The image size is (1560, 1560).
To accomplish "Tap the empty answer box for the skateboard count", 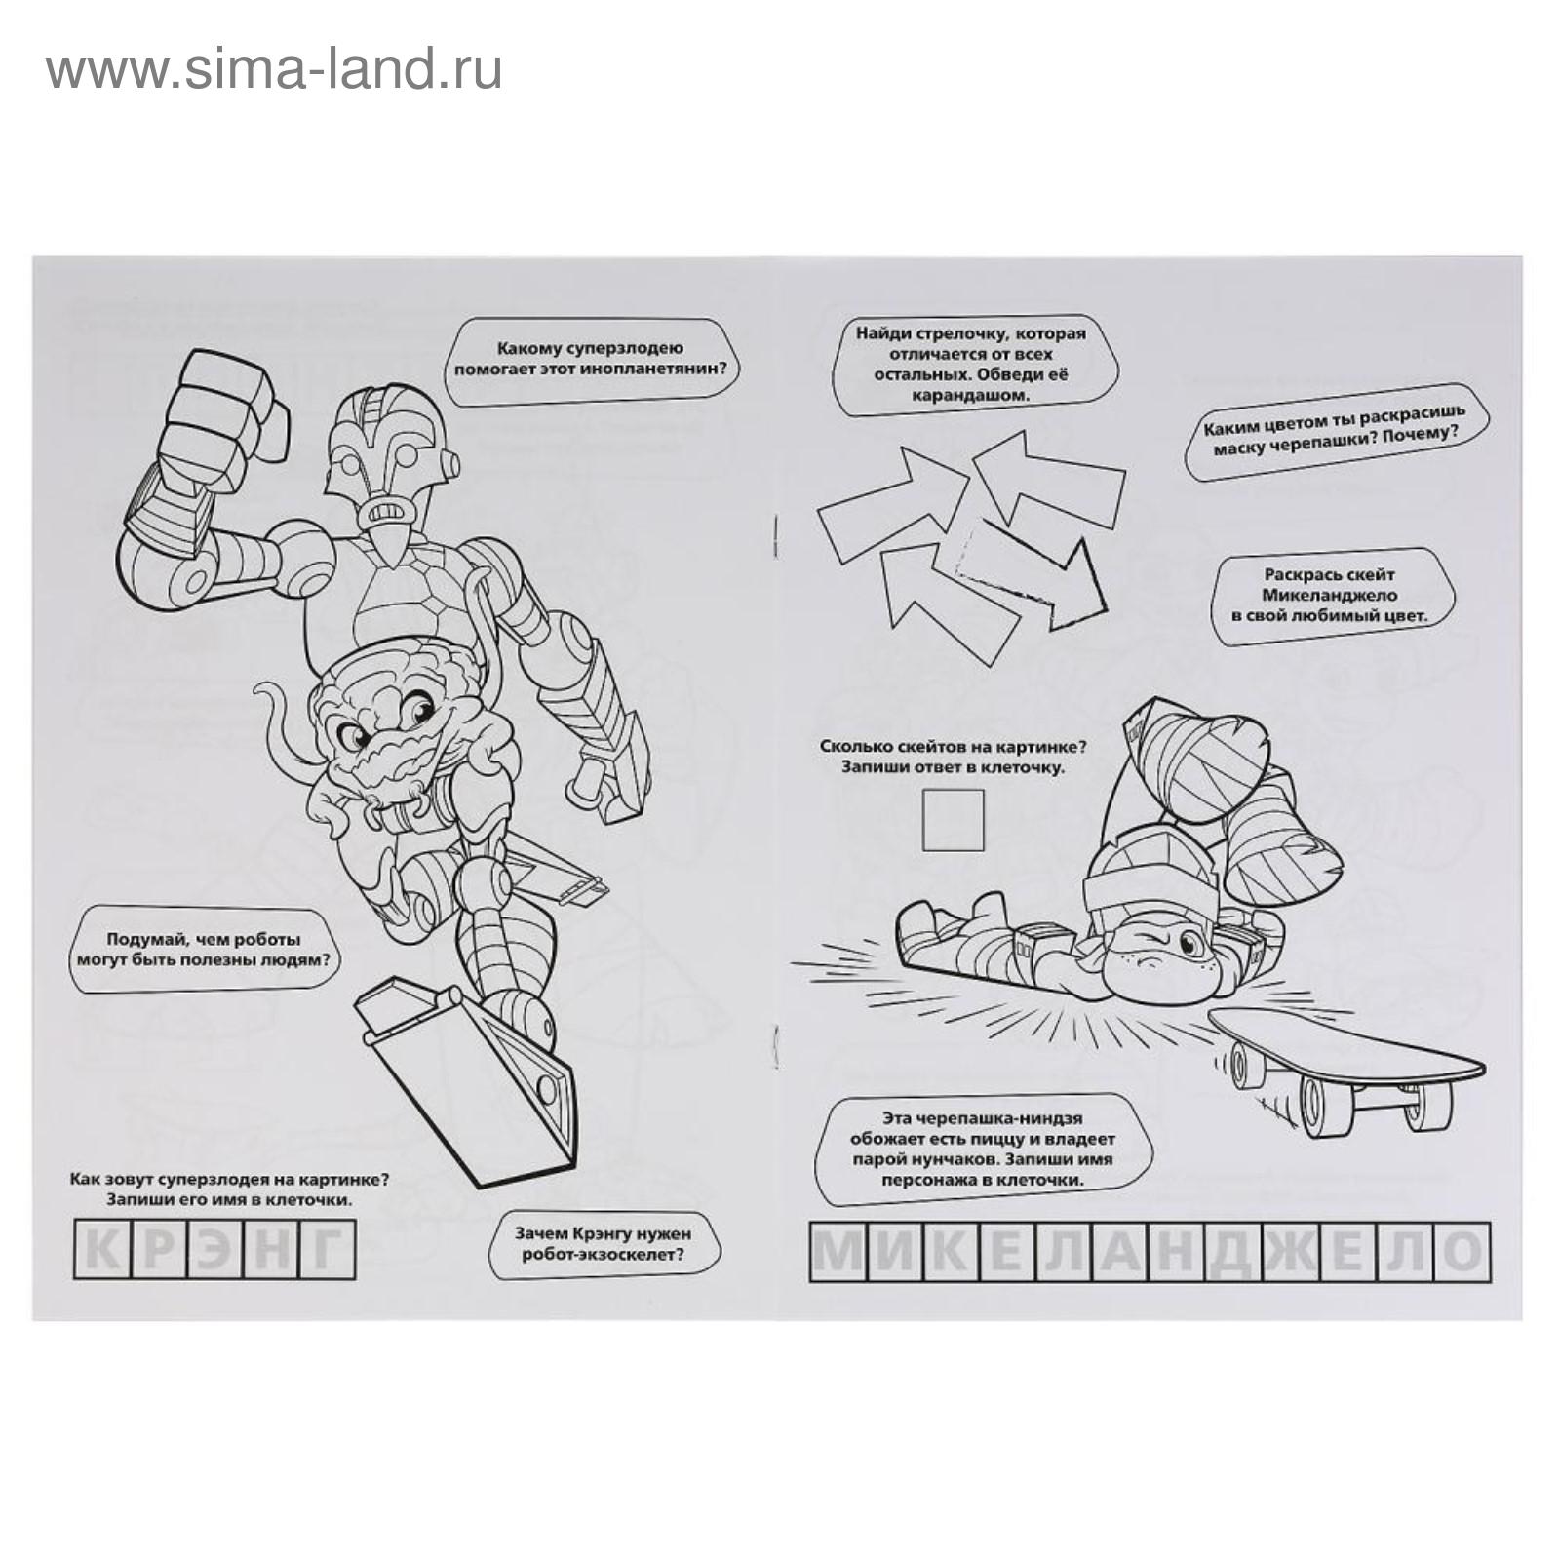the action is (x=953, y=819).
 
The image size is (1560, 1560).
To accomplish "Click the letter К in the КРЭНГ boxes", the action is (x=100, y=1252).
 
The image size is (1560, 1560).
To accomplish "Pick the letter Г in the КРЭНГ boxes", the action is (x=327, y=1252).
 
